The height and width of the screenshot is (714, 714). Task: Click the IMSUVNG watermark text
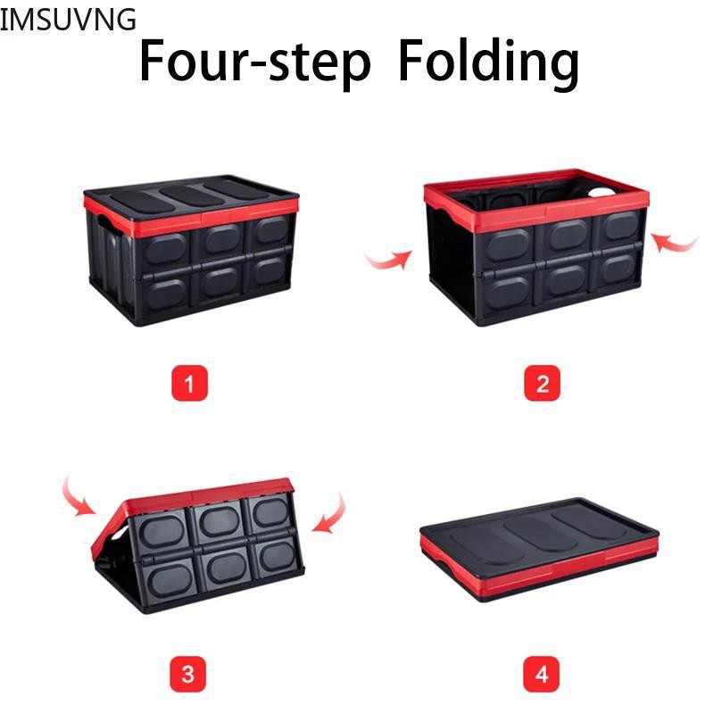point(68,20)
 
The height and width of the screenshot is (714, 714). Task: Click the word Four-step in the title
point(255,62)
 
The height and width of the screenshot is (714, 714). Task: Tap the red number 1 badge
point(189,384)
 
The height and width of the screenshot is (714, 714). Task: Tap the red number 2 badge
point(542,384)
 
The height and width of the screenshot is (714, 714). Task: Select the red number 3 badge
point(188,674)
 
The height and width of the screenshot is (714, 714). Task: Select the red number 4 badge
point(541,674)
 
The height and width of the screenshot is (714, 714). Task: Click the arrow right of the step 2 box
point(674,245)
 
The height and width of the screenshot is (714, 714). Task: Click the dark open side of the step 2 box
point(452,264)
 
